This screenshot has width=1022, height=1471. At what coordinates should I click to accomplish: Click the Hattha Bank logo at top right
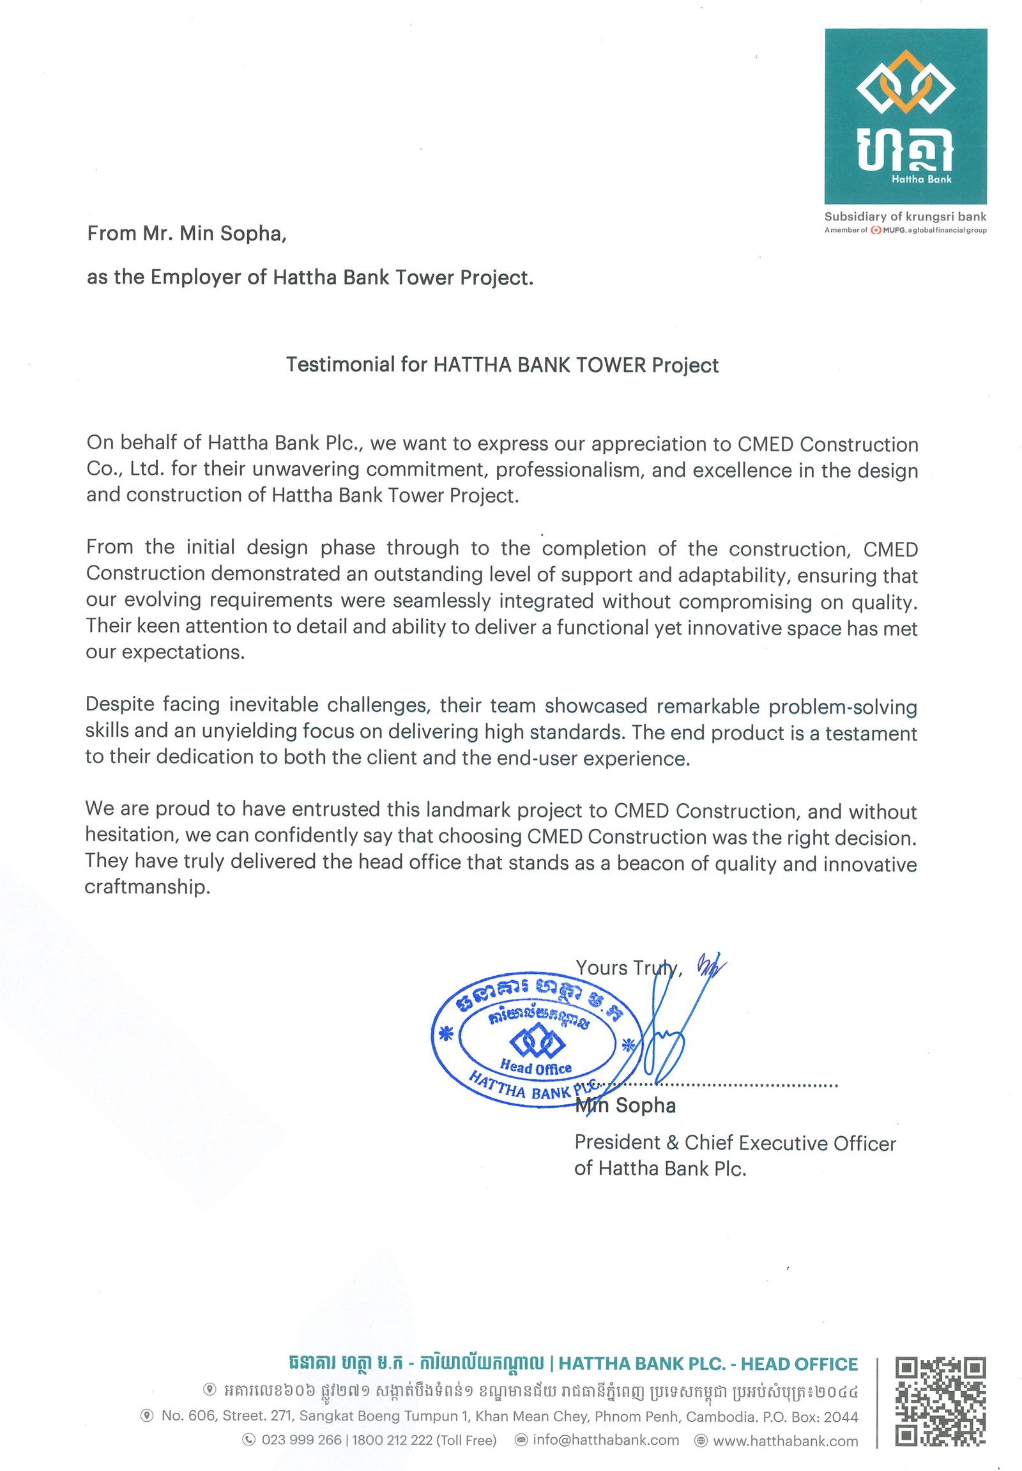coord(906,116)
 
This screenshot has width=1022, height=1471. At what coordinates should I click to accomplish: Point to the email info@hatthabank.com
coord(605,1440)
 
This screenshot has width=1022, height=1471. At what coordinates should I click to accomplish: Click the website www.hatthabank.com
coord(785,1440)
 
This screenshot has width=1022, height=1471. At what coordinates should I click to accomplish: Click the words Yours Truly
coord(627,967)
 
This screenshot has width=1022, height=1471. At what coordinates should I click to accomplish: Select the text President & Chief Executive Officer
coord(735,1143)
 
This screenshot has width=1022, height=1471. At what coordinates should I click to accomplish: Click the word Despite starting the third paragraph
coord(120,704)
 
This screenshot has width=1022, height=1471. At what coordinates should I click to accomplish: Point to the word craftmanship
coord(148,887)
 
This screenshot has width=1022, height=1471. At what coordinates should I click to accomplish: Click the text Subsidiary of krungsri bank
coord(905,217)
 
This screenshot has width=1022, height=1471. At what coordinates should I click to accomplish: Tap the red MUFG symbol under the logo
coord(875,230)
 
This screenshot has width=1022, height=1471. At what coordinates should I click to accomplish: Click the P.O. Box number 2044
coord(840,1416)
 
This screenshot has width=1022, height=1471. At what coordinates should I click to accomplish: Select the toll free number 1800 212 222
coord(392,1440)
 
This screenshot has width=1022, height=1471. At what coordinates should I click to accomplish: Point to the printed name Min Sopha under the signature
coord(625,1105)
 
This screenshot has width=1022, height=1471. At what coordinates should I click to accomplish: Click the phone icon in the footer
coord(249,1440)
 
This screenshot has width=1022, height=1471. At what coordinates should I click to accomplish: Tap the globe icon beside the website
coord(701,1440)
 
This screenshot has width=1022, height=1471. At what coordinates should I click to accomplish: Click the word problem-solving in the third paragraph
coord(842,707)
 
